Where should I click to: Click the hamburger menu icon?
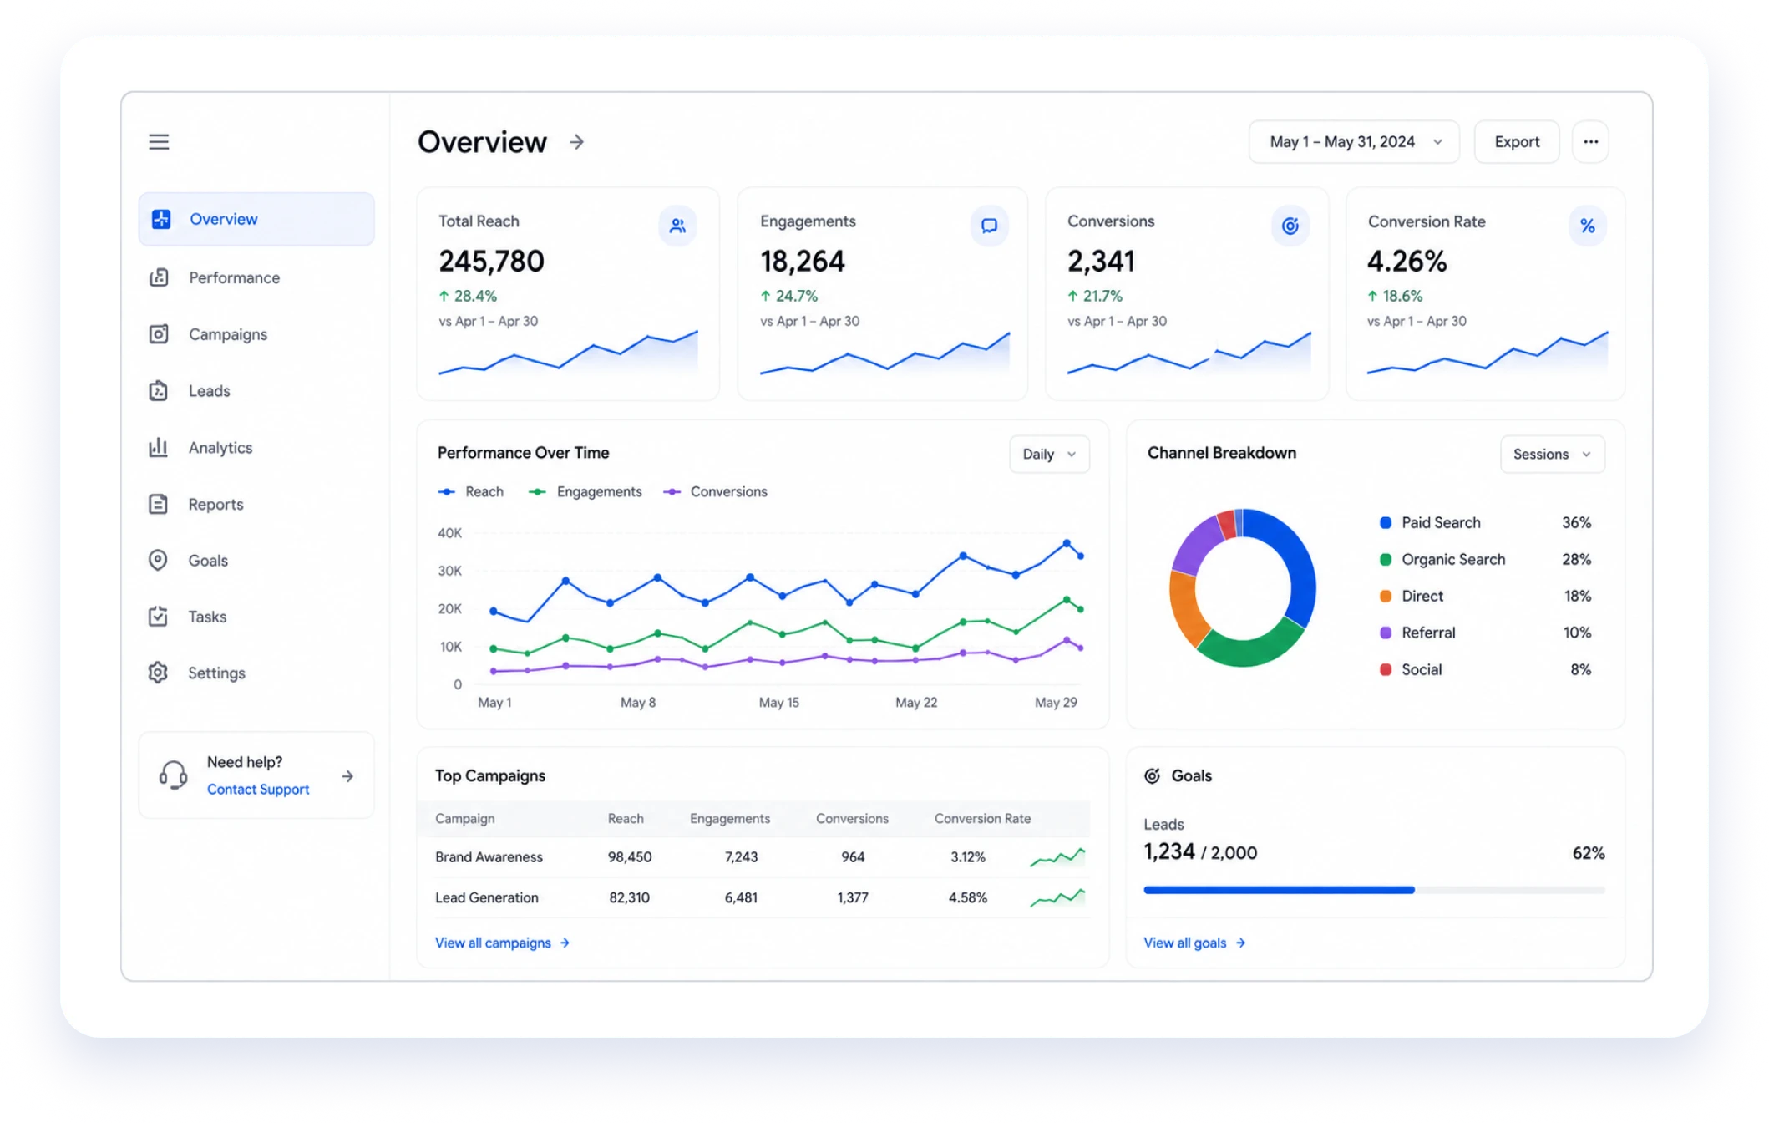pos(159,142)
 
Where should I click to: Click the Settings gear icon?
pos(158,673)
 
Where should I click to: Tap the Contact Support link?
pos(258,790)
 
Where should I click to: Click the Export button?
pos(1517,142)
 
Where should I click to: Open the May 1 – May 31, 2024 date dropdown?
pos(1354,142)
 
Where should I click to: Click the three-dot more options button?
pos(1590,142)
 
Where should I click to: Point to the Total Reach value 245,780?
pos(491,262)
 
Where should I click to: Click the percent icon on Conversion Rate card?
pos(1587,226)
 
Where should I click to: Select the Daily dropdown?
pos(1049,455)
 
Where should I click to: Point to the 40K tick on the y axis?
pos(449,533)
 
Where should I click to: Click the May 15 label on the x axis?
pos(778,703)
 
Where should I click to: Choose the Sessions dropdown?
pos(1552,455)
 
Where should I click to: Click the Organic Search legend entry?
pos(1442,560)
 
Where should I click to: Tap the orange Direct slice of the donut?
pos(1184,608)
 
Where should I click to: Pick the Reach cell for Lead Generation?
pos(629,898)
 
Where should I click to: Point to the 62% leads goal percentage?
pos(1588,853)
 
